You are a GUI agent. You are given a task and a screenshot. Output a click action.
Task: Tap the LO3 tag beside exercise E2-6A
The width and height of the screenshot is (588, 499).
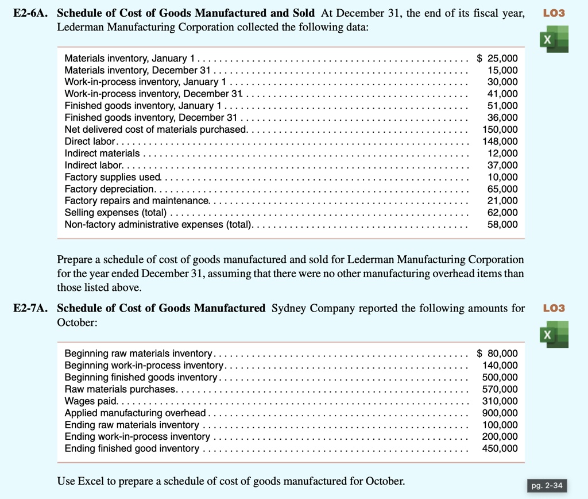(554, 13)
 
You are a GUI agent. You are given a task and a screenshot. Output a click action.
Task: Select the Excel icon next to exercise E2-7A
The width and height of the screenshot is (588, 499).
(554, 335)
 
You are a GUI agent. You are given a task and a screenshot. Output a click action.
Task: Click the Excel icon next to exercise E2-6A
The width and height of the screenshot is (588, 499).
(554, 39)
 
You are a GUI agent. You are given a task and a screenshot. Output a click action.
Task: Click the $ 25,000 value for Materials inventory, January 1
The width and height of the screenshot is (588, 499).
(497, 58)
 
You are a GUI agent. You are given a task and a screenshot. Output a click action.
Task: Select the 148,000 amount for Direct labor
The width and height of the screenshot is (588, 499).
(501, 141)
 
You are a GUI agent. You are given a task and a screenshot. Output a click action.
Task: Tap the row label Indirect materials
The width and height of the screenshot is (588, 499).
(102, 153)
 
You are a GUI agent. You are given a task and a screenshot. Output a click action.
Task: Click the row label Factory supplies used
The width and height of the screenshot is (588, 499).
(113, 177)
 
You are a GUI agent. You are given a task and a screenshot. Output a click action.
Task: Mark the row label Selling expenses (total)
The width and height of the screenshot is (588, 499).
(115, 213)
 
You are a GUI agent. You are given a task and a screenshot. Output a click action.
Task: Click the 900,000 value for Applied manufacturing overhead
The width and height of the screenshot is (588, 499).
(501, 413)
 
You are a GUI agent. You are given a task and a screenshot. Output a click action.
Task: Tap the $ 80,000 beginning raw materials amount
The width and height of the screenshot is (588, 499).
(497, 353)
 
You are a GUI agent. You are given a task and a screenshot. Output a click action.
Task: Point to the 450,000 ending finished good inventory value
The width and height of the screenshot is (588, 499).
(501, 448)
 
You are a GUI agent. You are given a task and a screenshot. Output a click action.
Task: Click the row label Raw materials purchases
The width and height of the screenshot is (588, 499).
(121, 389)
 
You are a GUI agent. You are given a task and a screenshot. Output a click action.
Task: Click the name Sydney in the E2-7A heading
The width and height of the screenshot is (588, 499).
(289, 308)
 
